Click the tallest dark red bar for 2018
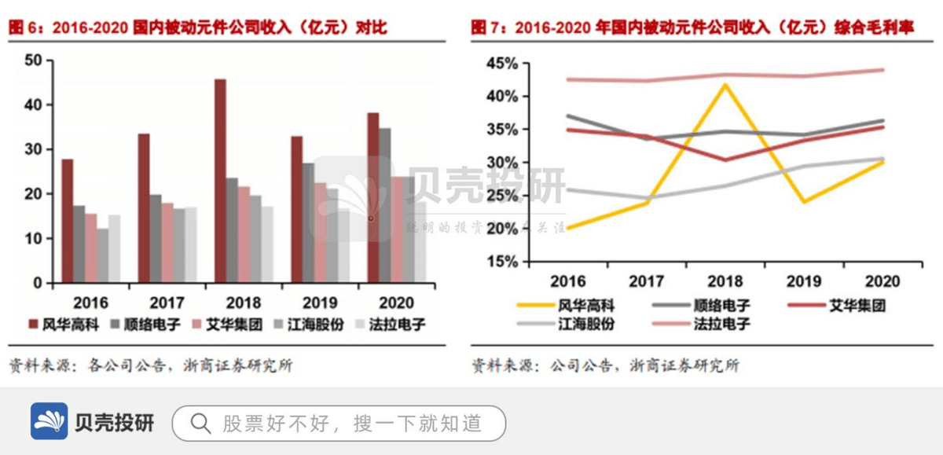click(x=220, y=181)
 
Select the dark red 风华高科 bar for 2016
click(x=68, y=221)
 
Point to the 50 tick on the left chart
click(x=33, y=61)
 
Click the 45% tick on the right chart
click(x=503, y=63)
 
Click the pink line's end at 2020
click(x=883, y=70)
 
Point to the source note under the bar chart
click(x=149, y=365)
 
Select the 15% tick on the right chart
click(x=503, y=262)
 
